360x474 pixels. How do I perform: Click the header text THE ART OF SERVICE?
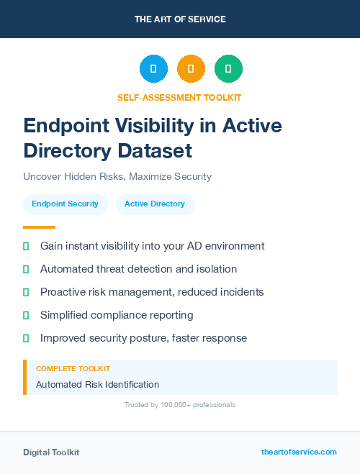tap(180, 19)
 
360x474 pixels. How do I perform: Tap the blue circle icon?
tap(153, 69)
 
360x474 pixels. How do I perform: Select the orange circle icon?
tap(191, 69)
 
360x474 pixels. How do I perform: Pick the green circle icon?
tap(228, 69)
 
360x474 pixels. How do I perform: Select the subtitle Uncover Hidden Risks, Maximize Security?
tap(117, 176)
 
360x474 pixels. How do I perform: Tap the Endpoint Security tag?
tap(65, 204)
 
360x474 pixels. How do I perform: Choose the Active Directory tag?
tap(155, 204)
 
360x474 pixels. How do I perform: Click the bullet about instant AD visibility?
tap(152, 246)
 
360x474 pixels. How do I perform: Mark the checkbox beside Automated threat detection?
tap(26, 269)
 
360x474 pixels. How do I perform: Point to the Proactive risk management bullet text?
tap(152, 292)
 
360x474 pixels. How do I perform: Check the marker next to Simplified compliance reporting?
tap(26, 315)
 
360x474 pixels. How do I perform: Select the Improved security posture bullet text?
tap(143, 338)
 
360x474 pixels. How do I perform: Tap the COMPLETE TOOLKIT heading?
tap(68, 368)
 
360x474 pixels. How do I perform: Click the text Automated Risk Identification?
tap(97, 385)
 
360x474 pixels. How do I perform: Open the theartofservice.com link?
tap(299, 452)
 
